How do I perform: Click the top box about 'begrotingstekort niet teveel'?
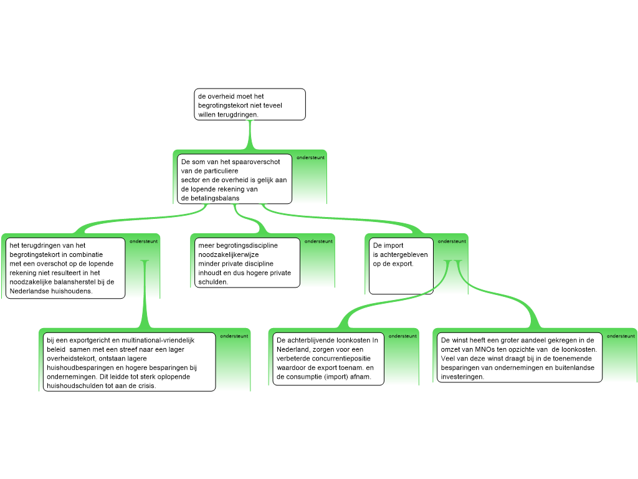[x=250, y=104]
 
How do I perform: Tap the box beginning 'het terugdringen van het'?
[x=66, y=268]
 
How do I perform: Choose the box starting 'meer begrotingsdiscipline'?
[x=245, y=263]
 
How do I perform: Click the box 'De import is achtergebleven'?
[x=401, y=265]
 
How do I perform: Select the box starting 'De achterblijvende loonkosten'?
[x=328, y=359]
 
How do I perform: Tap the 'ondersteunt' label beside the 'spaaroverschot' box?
[x=310, y=158]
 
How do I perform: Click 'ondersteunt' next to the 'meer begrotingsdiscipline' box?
[x=318, y=241]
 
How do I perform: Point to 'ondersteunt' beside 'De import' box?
[x=452, y=241]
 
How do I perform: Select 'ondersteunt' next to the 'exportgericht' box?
[x=234, y=336]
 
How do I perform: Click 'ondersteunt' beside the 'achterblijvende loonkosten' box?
[x=402, y=336]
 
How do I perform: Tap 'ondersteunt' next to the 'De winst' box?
[x=621, y=336]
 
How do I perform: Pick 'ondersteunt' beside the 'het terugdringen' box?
[x=144, y=241]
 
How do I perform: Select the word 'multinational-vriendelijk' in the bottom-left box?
[x=157, y=340]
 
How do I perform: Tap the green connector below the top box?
[x=250, y=134]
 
